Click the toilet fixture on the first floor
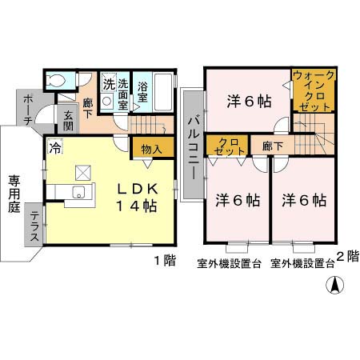tap(55, 80)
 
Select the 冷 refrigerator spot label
tap(54, 148)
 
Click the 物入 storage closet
tap(152, 149)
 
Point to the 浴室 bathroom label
tap(143, 92)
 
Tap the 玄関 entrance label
tap(68, 121)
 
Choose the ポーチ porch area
tap(26, 109)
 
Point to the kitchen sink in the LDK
tap(78, 192)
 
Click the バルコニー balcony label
tap(194, 145)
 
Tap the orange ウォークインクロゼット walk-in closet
tap(313, 90)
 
